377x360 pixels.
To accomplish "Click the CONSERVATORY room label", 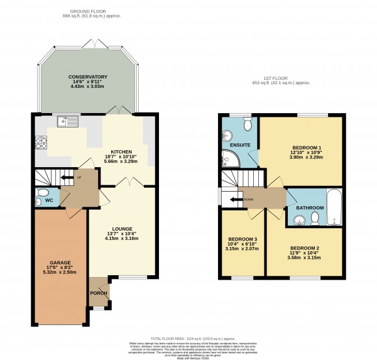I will [88, 77].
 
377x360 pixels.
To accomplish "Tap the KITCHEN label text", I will [120, 152].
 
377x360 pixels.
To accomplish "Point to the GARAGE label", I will [60, 262].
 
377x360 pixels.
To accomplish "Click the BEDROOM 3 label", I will [242, 239].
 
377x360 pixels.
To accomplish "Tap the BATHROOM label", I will [310, 207].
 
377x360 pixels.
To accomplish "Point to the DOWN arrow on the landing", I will [236, 200].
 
